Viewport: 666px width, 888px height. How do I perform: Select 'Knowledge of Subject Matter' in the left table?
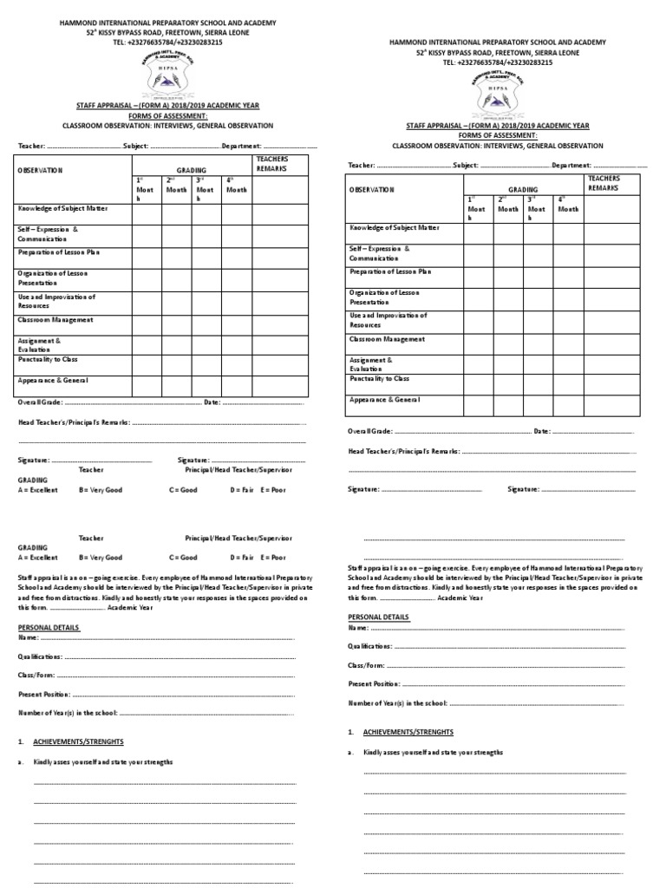(x=62, y=210)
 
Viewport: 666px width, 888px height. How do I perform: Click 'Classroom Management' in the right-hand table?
(x=387, y=339)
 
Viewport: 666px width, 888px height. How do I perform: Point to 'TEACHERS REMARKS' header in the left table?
(x=271, y=163)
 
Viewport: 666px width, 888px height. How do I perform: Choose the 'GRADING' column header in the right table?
(x=523, y=189)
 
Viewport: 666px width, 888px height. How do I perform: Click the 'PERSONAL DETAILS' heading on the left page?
(x=49, y=626)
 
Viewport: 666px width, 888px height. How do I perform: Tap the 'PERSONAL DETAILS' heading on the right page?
(x=379, y=617)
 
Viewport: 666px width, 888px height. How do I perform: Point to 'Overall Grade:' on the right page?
(x=371, y=431)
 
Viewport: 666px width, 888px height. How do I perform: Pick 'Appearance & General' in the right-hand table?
(x=384, y=400)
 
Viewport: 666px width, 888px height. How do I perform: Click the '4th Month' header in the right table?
(x=568, y=204)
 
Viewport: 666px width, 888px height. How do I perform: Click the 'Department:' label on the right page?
(x=571, y=165)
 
